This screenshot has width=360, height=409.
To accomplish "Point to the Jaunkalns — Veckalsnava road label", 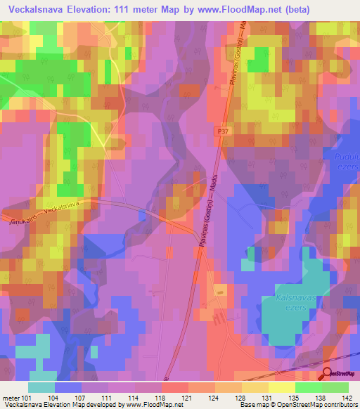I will [x=42, y=213].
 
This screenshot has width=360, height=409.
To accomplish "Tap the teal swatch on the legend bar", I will [x=41, y=387].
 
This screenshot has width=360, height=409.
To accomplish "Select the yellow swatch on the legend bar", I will [x=282, y=387].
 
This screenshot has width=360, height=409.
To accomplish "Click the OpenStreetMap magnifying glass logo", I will [x=328, y=373].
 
